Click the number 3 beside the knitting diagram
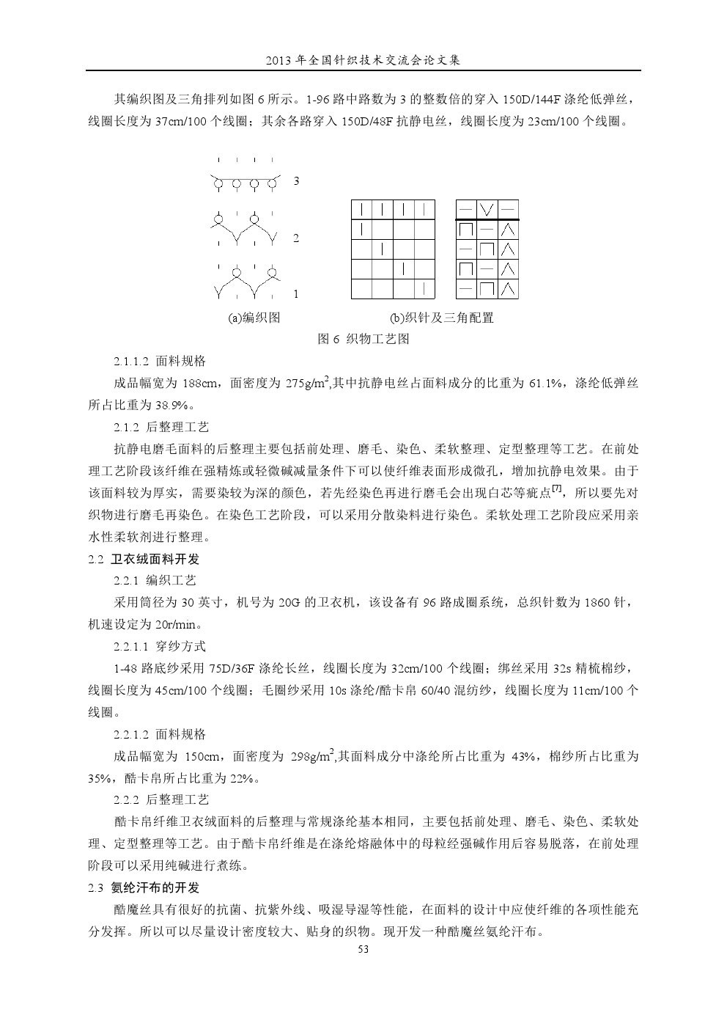click(x=296, y=180)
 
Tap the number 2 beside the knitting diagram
click(x=296, y=238)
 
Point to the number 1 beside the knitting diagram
click(x=296, y=293)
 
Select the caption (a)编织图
click(x=254, y=318)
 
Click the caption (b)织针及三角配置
click(x=441, y=318)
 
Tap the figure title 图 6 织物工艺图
click(x=363, y=339)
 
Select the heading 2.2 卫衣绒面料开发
click(x=144, y=559)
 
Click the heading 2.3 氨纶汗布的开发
click(x=144, y=887)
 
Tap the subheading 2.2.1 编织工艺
click(x=155, y=581)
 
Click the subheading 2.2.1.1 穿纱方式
click(x=160, y=647)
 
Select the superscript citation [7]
click(x=556, y=489)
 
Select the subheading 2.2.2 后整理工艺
click(x=161, y=799)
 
